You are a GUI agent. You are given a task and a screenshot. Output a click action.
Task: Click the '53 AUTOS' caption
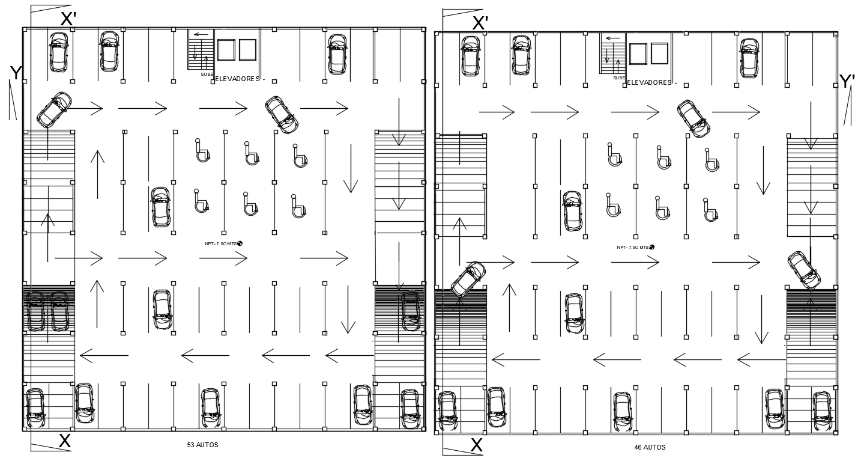202,445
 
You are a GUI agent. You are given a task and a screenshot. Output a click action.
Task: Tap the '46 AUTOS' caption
650,447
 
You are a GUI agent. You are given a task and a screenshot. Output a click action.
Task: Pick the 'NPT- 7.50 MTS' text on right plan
632,247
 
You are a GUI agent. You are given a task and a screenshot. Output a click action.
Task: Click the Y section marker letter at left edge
16,73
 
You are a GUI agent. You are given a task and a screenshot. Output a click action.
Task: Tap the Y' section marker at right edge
847,81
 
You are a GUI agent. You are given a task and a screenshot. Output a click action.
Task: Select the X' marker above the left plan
68,19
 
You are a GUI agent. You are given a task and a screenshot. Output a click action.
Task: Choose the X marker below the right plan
477,445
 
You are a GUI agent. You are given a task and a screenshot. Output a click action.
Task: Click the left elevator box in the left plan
226,50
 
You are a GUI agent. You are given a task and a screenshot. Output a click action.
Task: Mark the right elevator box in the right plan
659,53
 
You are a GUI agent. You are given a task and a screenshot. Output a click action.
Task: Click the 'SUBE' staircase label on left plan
207,75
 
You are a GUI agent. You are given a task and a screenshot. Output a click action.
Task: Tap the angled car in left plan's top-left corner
54,109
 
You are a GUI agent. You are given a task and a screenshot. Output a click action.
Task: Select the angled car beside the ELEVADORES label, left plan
282,115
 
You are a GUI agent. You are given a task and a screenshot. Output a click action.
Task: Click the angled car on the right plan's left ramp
468,279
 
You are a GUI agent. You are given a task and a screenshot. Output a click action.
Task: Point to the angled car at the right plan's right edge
804,270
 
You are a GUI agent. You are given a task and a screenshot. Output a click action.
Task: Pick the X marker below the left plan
65,441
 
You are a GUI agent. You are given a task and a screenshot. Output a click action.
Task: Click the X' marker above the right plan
480,23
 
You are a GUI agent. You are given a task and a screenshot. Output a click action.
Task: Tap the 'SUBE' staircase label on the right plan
618,78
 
